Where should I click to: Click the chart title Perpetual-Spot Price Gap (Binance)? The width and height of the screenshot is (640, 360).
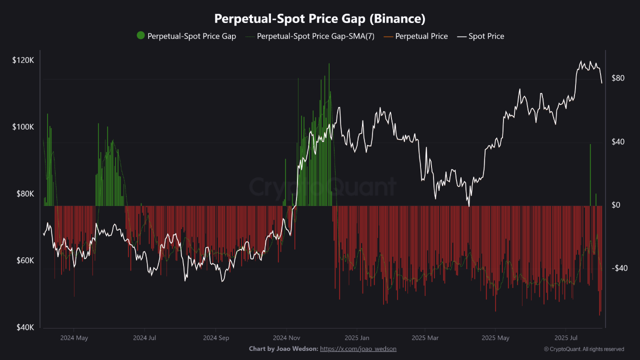point(320,18)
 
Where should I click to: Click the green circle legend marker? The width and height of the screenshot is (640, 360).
point(140,35)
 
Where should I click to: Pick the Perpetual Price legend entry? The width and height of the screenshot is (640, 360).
point(421,36)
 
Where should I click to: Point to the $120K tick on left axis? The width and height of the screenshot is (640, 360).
point(23,60)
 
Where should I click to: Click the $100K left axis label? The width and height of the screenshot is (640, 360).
point(23,127)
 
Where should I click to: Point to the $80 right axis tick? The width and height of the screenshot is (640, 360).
point(618,78)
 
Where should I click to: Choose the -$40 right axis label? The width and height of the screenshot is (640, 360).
point(619,268)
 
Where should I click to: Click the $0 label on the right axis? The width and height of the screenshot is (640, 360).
point(616,205)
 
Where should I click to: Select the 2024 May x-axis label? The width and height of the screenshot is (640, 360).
point(74,338)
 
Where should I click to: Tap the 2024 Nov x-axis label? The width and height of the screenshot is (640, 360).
point(287,338)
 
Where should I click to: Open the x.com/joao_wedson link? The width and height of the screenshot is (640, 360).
point(358,348)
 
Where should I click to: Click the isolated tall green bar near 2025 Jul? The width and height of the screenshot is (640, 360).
point(590,175)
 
